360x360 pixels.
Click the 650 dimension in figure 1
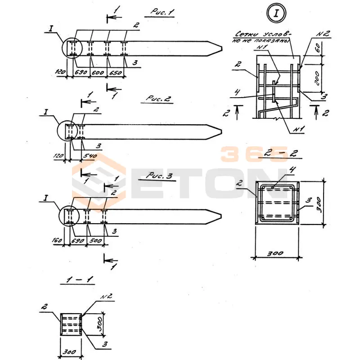pos(116,72)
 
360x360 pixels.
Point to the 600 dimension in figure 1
pos(99,72)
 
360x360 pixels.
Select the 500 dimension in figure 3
pos(95,241)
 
